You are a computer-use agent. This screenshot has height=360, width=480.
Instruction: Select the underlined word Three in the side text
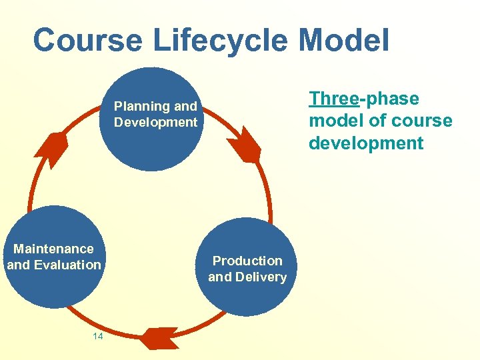coord(333,99)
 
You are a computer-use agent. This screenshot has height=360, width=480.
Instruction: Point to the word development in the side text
coord(366,143)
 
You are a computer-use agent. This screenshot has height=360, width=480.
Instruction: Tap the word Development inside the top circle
coord(156,122)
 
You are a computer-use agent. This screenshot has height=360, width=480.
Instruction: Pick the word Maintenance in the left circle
coord(54,249)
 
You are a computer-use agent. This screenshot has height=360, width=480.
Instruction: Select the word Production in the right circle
coord(247,261)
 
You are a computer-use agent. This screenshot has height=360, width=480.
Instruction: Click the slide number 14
coord(97,337)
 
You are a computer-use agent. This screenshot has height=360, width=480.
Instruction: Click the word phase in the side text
coord(391,99)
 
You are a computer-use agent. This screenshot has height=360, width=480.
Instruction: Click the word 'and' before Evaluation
coord(18,265)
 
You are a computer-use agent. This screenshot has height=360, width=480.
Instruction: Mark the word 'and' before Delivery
coord(219,277)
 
